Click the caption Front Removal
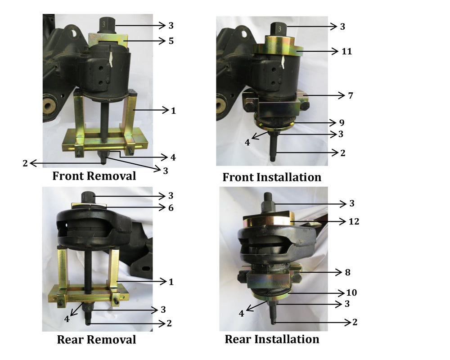(x=94, y=176)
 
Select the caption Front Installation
(x=272, y=177)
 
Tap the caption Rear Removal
(x=96, y=340)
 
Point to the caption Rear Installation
(x=272, y=339)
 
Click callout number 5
(x=171, y=41)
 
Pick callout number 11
(x=346, y=51)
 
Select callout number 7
(x=351, y=95)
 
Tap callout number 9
(x=342, y=122)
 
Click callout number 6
(x=171, y=207)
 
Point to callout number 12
(x=354, y=221)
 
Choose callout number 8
(x=347, y=272)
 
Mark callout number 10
(x=351, y=292)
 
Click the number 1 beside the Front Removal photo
(x=173, y=111)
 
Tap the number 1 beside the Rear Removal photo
(x=171, y=282)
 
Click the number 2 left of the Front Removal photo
(x=25, y=163)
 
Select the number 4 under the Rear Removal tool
(x=67, y=319)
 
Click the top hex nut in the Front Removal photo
(x=107, y=25)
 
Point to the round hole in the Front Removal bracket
(x=75, y=32)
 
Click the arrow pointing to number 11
(x=317, y=51)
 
